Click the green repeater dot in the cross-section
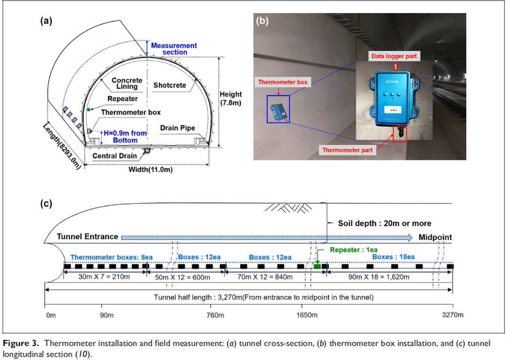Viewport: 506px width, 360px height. point(89,110)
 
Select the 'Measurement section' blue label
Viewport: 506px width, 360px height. point(174,49)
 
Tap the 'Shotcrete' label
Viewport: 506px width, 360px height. point(170,85)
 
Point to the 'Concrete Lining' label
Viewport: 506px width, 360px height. point(127,83)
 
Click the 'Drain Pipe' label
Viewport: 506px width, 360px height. point(178,128)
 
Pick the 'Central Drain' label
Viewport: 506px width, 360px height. point(115,156)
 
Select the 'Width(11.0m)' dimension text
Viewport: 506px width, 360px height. point(150,170)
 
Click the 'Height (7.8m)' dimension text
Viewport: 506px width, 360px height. point(231,98)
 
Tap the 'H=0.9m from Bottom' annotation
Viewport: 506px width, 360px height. point(125,136)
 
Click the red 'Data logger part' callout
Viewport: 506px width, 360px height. point(394,56)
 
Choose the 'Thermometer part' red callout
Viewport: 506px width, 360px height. point(347,150)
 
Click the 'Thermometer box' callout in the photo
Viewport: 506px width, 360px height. point(283,82)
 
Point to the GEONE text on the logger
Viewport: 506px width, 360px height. point(392,82)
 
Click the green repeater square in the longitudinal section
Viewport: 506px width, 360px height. point(317,266)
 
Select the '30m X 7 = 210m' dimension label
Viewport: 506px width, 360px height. point(104,277)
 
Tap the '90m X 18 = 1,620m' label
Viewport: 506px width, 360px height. point(379,277)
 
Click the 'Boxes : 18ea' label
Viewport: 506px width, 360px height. point(394,257)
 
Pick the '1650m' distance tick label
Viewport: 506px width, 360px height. point(306,315)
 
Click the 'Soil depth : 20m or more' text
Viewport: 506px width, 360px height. point(384,224)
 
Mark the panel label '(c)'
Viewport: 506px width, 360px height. point(46,204)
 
